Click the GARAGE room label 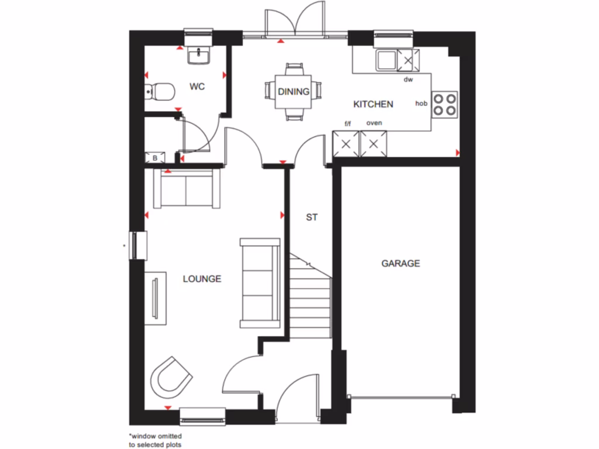[401, 264]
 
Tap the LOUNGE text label [202, 279]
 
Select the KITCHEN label [373, 104]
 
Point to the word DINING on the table [294, 92]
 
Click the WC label [197, 87]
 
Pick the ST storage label [311, 217]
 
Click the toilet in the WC [160, 91]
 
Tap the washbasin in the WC [199, 56]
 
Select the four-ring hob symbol [445, 104]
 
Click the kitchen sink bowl [385, 59]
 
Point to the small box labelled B [155, 158]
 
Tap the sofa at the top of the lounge [187, 189]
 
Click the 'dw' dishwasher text [408, 80]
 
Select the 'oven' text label [374, 123]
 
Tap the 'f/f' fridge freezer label [348, 123]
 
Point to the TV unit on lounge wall [156, 298]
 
